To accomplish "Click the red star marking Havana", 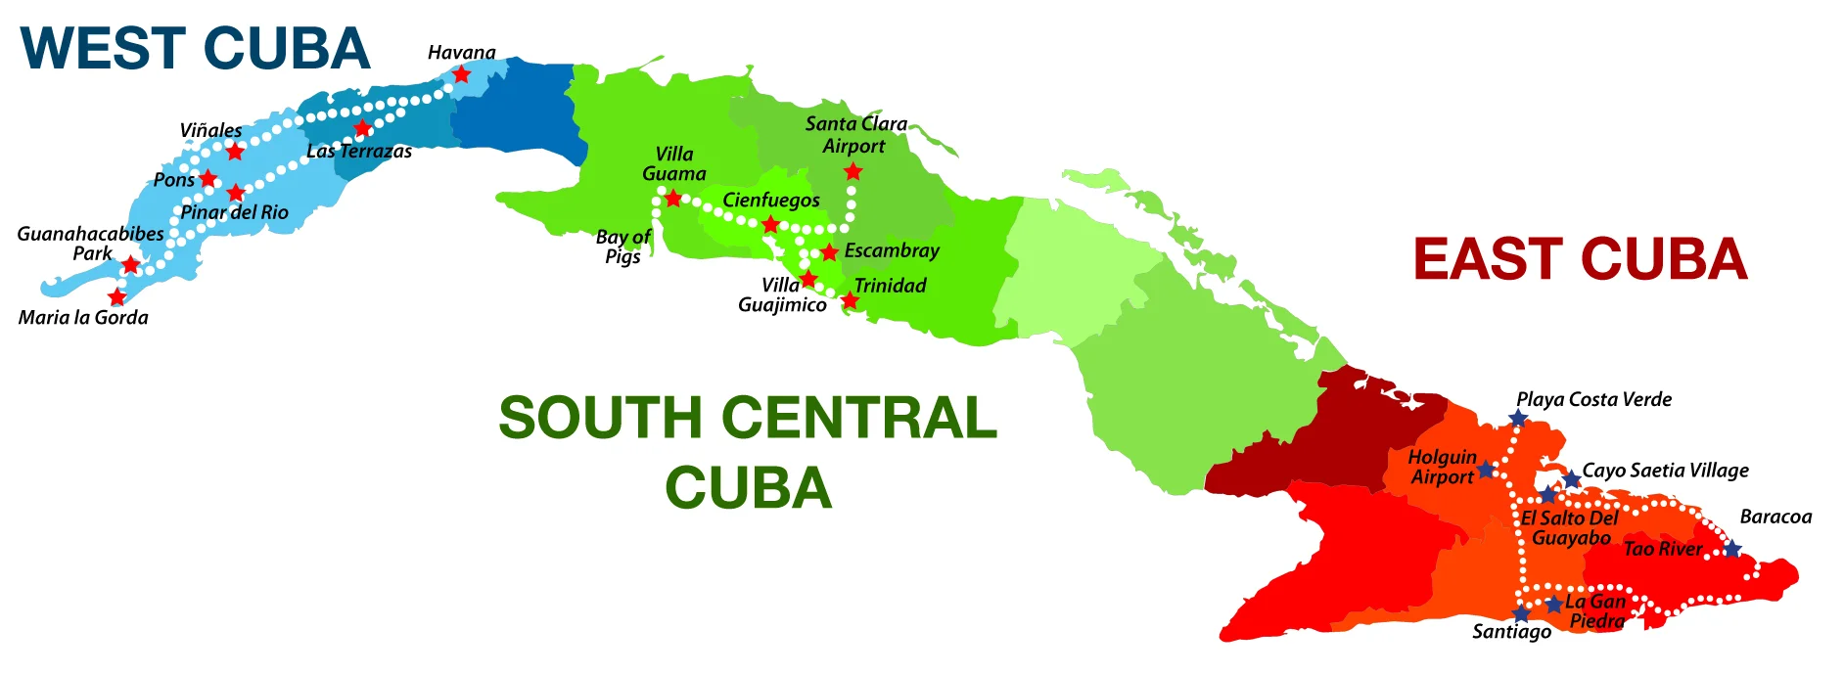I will tap(462, 74).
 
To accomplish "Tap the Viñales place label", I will tap(210, 130).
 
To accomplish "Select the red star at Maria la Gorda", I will tap(117, 296).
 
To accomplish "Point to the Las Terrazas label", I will tap(359, 151).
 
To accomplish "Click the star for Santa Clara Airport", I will tap(853, 172).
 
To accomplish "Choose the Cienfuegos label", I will tap(771, 201).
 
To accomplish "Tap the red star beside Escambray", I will tap(829, 252).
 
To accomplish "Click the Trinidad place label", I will tap(890, 286).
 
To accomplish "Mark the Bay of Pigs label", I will tap(622, 247).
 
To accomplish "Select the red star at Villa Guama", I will tap(673, 199).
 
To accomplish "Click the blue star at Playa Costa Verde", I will tap(1518, 419).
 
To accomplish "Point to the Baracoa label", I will tap(1775, 517).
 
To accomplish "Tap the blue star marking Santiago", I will tap(1521, 613).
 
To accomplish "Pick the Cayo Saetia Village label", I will tap(1665, 471).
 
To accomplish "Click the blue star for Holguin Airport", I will tap(1486, 470).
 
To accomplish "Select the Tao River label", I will tap(1663, 549).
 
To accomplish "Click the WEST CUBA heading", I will tap(196, 49).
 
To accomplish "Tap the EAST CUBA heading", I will tap(1580, 259).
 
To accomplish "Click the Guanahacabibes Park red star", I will tap(131, 264).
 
